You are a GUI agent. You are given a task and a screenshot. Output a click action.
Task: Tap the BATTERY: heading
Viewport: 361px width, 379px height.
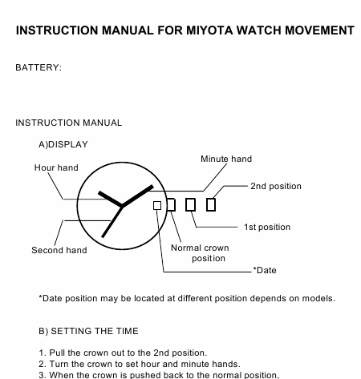[39, 67]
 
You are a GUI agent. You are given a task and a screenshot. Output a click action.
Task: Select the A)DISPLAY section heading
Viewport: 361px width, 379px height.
[63, 144]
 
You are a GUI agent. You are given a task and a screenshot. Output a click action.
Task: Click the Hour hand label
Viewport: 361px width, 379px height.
[56, 167]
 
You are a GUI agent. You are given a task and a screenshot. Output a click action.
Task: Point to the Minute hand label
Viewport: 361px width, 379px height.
[226, 159]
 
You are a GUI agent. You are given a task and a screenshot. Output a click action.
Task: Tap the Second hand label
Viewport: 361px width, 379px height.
[59, 250]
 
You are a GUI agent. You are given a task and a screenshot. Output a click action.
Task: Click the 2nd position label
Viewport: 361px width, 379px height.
[276, 186]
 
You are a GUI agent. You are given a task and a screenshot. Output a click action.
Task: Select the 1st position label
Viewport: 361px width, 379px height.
[267, 227]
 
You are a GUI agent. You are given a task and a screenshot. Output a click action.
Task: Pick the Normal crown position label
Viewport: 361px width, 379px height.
[200, 253]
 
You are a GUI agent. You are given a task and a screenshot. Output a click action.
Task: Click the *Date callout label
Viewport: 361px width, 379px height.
[265, 270]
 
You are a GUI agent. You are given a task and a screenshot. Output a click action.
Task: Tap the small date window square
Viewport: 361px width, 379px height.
[157, 205]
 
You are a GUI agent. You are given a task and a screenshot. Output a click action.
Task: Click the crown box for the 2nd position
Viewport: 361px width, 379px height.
[211, 205]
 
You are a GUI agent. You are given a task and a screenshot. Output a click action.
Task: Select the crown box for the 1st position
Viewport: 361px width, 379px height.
[190, 205]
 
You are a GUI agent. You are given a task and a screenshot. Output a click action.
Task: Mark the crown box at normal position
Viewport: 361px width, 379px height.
[171, 205]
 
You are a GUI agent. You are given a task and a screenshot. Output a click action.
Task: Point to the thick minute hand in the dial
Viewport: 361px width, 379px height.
[137, 196]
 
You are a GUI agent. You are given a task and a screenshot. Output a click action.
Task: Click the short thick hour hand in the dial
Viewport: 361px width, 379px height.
[110, 199]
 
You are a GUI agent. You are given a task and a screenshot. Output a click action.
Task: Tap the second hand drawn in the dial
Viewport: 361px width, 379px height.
[112, 222]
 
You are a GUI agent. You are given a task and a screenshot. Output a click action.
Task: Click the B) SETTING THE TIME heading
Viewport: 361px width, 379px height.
[88, 331]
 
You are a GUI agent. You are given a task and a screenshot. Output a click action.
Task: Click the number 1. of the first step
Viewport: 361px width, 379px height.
[43, 353]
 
